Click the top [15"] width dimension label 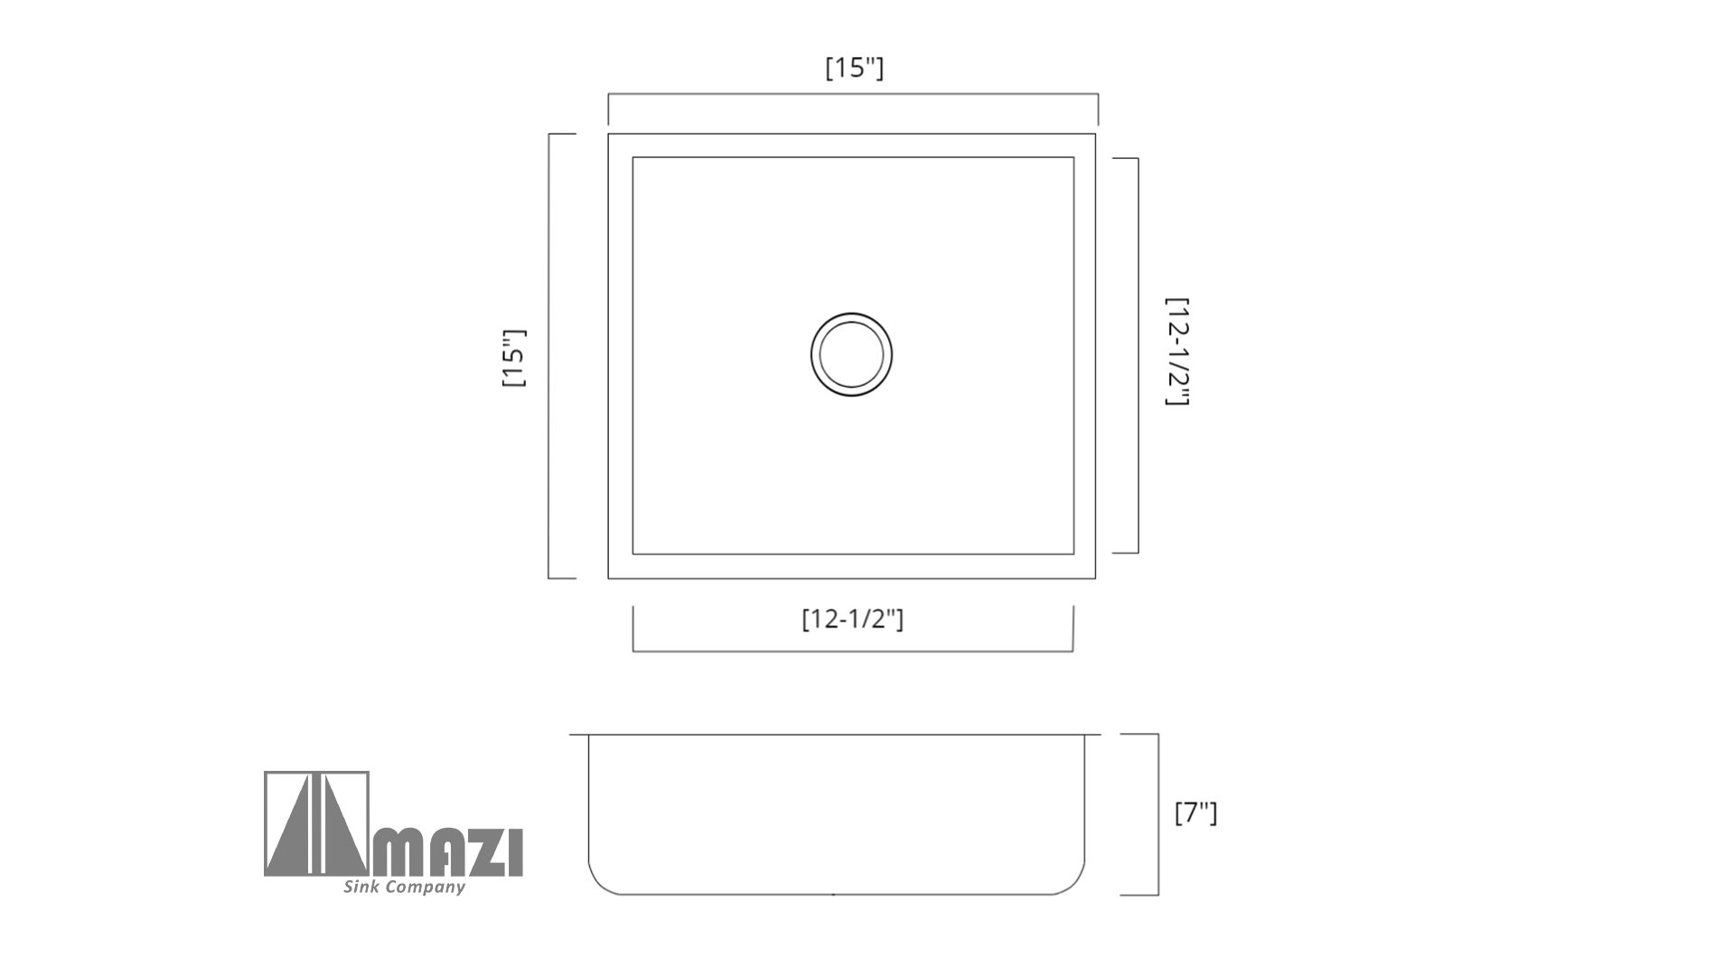(854, 68)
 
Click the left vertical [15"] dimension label (513, 358)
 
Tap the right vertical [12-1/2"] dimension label (1177, 352)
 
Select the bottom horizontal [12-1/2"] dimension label (852, 619)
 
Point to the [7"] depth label (1196, 812)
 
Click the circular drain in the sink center (851, 354)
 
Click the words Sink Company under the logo (404, 887)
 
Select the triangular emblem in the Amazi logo (316, 823)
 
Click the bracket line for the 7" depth (1158, 814)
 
